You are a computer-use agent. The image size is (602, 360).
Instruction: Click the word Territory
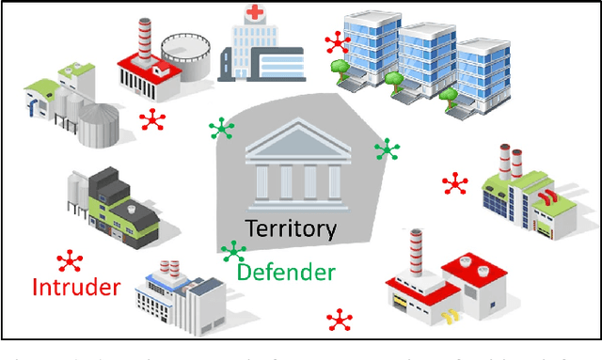(x=291, y=228)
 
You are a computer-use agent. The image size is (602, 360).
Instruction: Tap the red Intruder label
(x=76, y=286)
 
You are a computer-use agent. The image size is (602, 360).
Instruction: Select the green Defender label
(x=286, y=273)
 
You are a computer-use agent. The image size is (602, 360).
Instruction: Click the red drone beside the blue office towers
(x=336, y=42)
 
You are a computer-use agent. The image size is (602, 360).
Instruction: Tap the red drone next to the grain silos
(x=151, y=119)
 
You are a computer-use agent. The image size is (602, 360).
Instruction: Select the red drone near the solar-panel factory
(x=455, y=183)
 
